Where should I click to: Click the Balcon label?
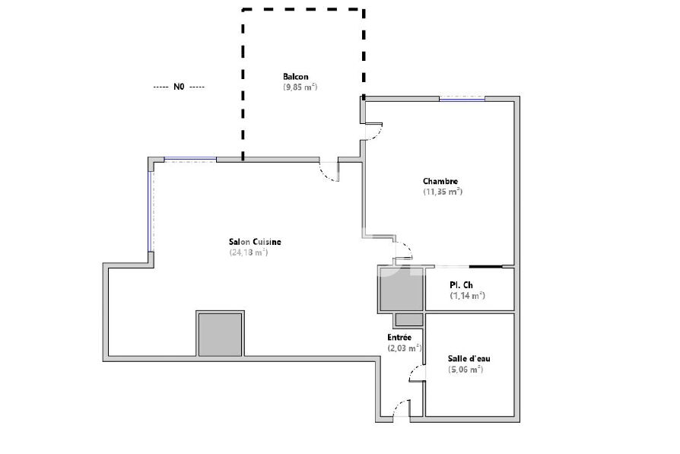point(296,77)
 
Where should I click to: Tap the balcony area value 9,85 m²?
point(300,87)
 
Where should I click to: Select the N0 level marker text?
point(179,87)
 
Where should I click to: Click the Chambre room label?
point(440,181)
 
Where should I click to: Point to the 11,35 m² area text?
point(443,192)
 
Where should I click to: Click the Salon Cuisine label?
point(255,242)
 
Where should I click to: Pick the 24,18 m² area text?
point(249,252)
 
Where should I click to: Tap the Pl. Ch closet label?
point(462,285)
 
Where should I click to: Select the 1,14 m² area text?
point(468,296)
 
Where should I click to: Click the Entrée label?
point(399,337)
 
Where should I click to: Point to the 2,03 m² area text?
point(404,348)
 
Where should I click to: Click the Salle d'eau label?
point(469,359)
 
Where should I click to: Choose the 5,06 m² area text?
point(466,370)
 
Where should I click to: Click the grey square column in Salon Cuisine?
point(221,334)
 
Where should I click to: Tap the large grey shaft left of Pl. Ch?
point(401,289)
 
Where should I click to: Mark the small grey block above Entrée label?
point(409,320)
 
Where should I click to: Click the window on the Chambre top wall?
point(462,100)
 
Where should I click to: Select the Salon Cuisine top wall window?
point(190,159)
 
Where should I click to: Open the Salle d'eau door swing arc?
point(416,373)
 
